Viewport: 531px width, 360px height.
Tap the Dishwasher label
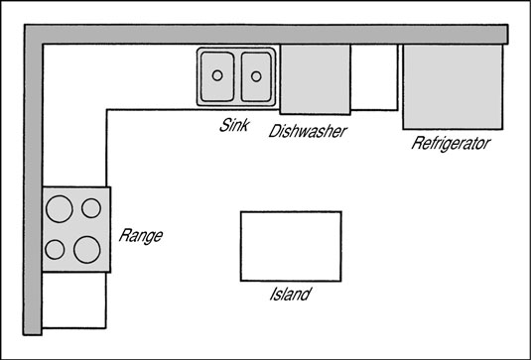pyautogui.click(x=308, y=130)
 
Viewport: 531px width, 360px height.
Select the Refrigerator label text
pyautogui.click(x=452, y=144)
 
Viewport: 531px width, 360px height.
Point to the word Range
pyautogui.click(x=140, y=236)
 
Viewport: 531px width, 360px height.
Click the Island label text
pyautogui.click(x=291, y=295)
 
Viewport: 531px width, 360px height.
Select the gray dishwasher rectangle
pyautogui.click(x=316, y=78)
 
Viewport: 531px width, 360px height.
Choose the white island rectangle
pyautogui.click(x=291, y=245)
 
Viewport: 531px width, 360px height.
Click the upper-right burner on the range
pyautogui.click(x=91, y=207)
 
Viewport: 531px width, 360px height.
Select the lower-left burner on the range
pyautogui.click(x=57, y=248)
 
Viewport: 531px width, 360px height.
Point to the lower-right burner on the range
pyautogui.click(x=88, y=246)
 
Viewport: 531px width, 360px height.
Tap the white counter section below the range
pyautogui.click(x=74, y=300)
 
